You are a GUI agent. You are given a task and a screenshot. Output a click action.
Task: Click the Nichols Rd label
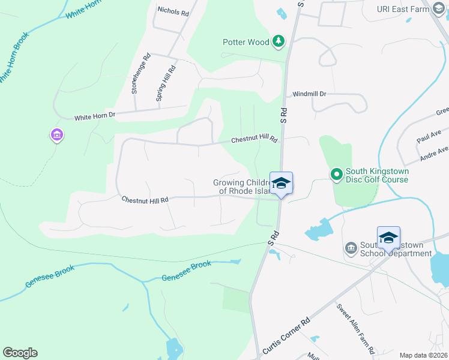coord(173,11)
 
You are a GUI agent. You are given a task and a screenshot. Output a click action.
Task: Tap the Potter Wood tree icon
coord(278,41)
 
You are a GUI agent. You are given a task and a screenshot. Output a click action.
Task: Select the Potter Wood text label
coord(246,42)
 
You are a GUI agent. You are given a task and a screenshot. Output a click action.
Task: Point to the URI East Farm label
coord(400,9)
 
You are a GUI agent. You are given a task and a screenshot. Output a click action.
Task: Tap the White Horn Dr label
coord(94,115)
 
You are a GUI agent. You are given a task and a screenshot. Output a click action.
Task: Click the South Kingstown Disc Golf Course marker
coord(337,175)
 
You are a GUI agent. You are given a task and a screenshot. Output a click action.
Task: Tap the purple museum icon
coord(57,136)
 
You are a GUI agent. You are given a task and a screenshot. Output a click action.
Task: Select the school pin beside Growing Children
coord(281,184)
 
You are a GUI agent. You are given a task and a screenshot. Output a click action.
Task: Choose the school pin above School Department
coord(388,238)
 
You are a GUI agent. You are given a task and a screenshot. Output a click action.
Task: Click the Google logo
coord(20,353)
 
